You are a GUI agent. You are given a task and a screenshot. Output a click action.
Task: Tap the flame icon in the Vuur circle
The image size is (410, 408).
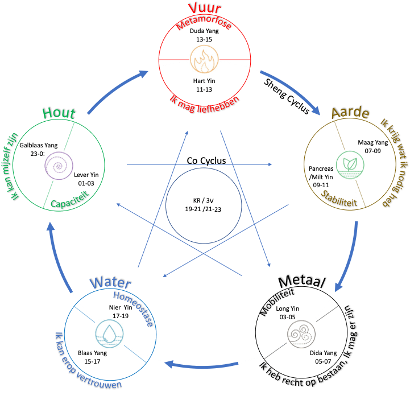click(x=204, y=60)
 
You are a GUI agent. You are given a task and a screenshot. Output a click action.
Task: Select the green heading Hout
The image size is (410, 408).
click(x=59, y=114)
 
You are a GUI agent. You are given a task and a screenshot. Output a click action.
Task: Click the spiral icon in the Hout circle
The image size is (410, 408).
click(x=60, y=165)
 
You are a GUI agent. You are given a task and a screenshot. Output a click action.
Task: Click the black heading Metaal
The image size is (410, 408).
click(x=302, y=282)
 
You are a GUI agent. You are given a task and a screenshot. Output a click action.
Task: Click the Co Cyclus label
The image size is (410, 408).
click(x=206, y=161)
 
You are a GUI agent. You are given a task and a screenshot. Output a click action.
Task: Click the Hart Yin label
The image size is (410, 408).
click(x=204, y=81)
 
